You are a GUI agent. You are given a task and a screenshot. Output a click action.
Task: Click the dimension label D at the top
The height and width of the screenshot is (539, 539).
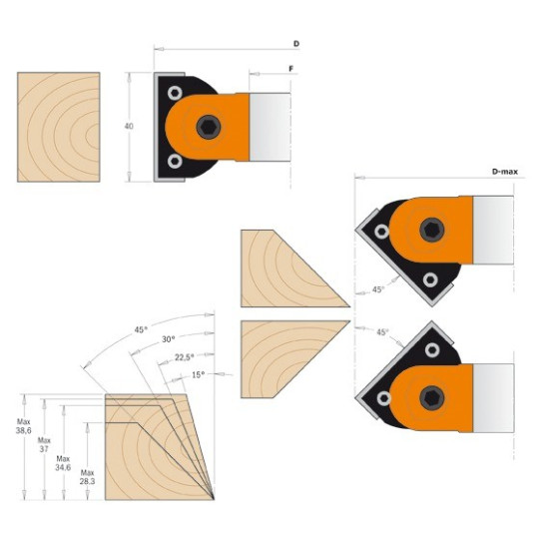pyautogui.click(x=296, y=44)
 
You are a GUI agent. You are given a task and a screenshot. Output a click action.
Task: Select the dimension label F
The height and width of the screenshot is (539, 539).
pyautogui.click(x=291, y=69)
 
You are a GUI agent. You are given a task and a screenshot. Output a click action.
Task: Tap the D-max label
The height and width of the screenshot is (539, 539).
pyautogui.click(x=505, y=172)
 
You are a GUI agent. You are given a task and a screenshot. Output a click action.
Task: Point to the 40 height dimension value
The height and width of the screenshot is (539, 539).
pyautogui.click(x=129, y=126)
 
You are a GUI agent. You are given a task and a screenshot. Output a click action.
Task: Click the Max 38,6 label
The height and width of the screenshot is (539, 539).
pyautogui.click(x=23, y=426)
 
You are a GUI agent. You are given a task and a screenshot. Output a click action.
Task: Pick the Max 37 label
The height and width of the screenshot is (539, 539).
pyautogui.click(x=44, y=444)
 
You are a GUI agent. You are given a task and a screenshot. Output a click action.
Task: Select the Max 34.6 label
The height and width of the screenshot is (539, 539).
pyautogui.click(x=63, y=463)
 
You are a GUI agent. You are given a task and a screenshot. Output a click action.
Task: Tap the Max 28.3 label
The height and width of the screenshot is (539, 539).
pyautogui.click(x=87, y=477)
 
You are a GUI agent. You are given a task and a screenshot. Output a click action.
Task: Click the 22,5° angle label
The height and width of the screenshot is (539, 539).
pyautogui.click(x=185, y=357)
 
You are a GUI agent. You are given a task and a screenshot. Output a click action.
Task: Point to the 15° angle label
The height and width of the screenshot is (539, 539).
pyautogui.click(x=198, y=374)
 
